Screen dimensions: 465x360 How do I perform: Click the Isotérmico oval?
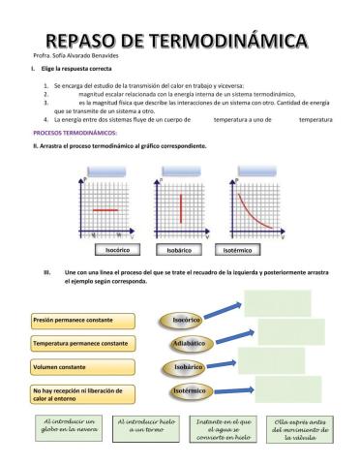(x=188, y=390)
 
